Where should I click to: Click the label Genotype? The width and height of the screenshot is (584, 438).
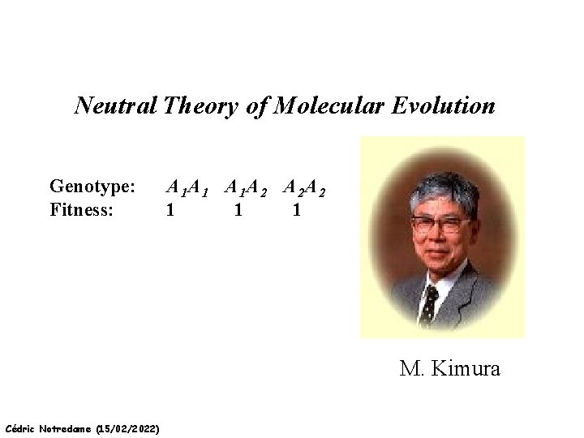tap(92, 188)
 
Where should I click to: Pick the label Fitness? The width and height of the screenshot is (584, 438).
tap(81, 210)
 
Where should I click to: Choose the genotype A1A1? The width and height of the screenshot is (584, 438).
tap(187, 189)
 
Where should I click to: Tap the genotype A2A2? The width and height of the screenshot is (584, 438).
tap(305, 189)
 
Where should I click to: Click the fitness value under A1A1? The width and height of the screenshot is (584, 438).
tap(169, 210)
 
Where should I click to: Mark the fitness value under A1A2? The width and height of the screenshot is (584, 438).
tap(237, 210)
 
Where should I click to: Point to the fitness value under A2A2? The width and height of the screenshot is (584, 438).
tap(297, 210)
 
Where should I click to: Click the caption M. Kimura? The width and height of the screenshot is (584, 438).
tap(450, 370)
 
